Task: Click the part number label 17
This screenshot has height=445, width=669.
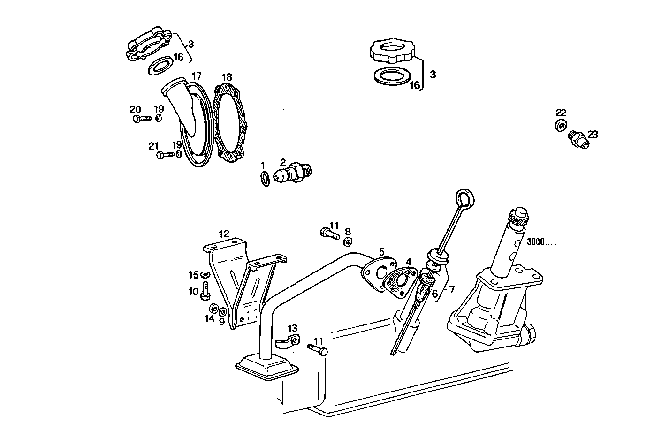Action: (197, 75)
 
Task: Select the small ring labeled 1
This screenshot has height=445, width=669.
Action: (265, 179)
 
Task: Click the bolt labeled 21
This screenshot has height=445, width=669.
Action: (165, 155)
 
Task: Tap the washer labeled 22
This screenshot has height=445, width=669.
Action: (560, 125)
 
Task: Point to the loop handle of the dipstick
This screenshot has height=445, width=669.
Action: (464, 198)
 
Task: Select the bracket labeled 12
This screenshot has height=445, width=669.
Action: (239, 281)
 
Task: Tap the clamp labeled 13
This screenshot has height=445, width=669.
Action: (287, 342)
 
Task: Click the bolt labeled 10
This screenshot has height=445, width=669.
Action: (205, 291)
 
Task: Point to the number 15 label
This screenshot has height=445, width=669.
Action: (194, 275)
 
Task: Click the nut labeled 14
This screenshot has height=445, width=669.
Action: (212, 309)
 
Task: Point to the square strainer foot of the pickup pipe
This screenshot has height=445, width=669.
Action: (266, 366)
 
